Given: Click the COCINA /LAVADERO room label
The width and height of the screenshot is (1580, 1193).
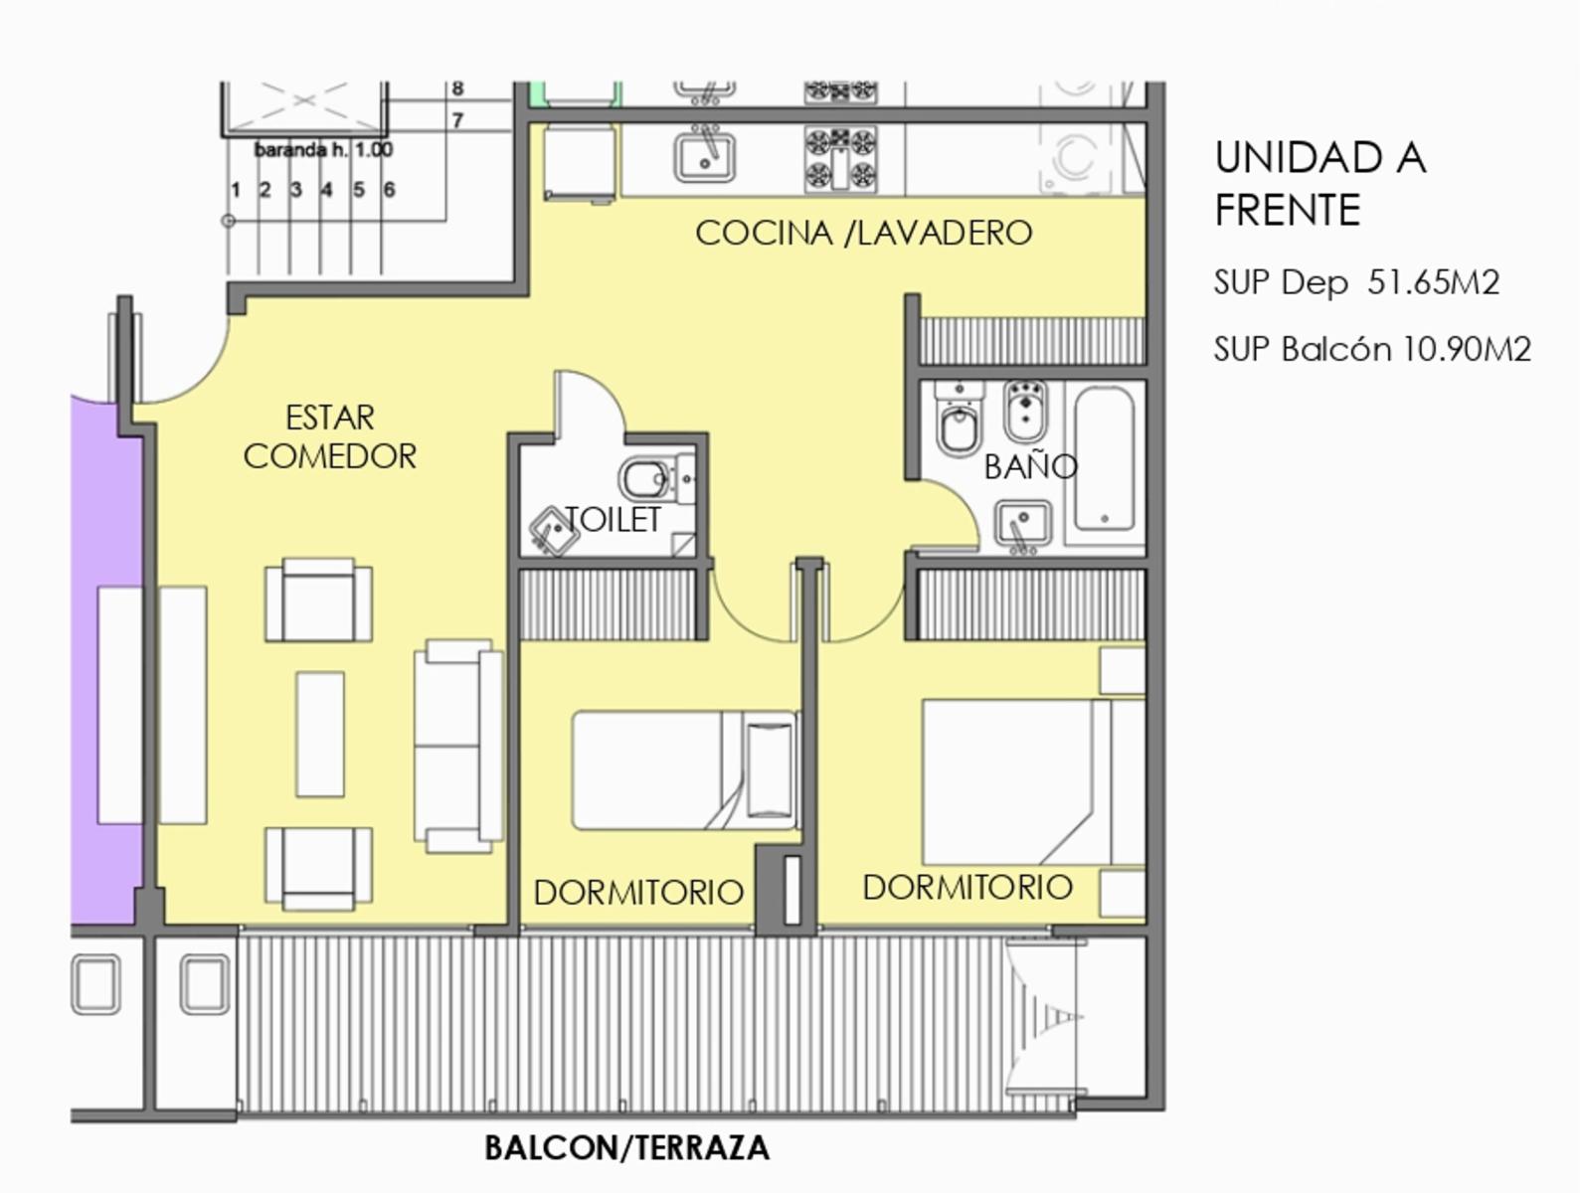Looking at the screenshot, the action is [864, 233].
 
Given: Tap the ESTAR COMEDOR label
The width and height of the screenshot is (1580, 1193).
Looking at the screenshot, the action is [330, 436].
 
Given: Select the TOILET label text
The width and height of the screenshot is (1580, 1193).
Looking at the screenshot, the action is [613, 520].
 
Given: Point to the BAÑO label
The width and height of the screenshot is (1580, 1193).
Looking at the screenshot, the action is [1030, 465].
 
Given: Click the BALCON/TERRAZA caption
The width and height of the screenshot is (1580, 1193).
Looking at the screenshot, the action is [627, 1147].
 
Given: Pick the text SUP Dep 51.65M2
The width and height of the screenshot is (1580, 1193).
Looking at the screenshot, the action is [1356, 282].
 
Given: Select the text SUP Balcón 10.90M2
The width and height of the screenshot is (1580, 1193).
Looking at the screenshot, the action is [1372, 350].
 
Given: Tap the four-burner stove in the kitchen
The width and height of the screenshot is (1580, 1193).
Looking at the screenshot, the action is [841, 159].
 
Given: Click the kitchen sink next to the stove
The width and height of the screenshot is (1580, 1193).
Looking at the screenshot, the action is [705, 156].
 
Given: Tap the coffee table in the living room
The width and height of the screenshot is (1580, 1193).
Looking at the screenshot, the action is [320, 735].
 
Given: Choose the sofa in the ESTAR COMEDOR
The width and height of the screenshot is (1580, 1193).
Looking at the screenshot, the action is [457, 747].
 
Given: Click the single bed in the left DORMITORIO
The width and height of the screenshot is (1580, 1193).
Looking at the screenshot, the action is [685, 770].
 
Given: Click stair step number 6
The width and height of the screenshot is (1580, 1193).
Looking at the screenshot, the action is [389, 190].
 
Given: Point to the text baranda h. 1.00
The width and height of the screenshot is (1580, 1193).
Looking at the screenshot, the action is [323, 150].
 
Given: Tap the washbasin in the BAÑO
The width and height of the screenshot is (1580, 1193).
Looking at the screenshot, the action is [1023, 524].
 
